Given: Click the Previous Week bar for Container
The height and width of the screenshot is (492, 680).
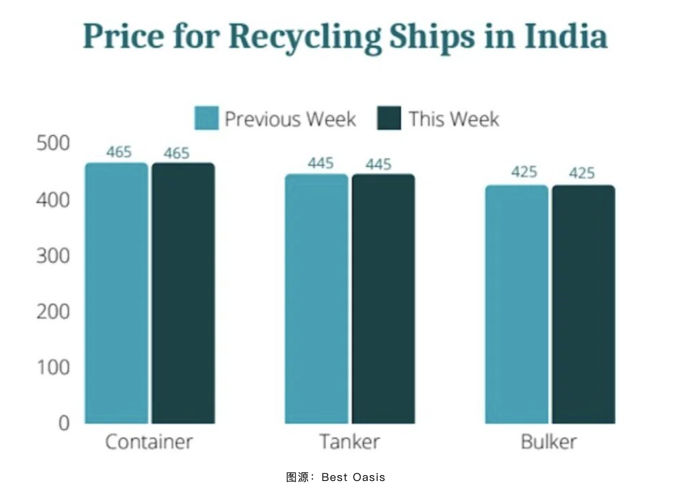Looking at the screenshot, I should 116,293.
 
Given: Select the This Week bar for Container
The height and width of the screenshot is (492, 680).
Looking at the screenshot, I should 183,293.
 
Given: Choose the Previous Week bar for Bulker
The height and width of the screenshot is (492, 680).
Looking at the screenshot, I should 516,304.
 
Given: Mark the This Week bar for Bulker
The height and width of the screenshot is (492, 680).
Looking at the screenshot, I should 583,304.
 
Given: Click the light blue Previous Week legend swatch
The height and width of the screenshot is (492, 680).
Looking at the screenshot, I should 206,118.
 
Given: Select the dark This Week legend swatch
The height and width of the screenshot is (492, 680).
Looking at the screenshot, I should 389,118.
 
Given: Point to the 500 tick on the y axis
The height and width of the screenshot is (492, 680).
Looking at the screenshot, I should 53,143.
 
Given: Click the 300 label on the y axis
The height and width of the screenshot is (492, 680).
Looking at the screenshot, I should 53,256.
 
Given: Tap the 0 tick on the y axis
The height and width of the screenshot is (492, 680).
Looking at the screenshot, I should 64,423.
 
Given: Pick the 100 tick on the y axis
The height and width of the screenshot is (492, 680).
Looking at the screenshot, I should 53,367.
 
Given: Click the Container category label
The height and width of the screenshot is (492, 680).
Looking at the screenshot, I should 149,442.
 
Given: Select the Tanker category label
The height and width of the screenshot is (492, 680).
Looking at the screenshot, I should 350,442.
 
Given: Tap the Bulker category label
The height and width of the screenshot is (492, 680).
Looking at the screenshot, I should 549,442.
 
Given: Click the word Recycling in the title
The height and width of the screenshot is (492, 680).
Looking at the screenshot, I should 305,37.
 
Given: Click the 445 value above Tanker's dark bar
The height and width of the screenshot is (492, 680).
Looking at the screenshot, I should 378,164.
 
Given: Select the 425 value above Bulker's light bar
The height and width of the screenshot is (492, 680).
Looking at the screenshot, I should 524,172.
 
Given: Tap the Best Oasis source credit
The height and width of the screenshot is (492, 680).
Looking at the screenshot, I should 353,477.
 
